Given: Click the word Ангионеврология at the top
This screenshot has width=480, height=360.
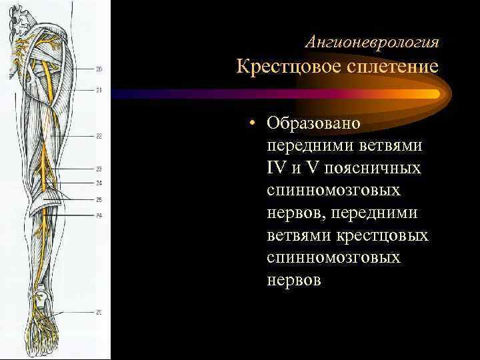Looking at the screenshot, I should tap(371, 43).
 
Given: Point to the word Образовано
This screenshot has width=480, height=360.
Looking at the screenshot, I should tap(313, 123).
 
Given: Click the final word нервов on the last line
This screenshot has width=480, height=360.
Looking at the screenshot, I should tap(293, 281).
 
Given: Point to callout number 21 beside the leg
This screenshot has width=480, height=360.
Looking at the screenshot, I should tap(99, 90).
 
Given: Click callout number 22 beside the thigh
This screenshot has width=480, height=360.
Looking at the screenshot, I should tap(99, 136).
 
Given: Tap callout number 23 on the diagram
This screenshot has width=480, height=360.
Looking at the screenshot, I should tap(99, 169).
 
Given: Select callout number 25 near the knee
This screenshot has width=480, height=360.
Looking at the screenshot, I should tap(99, 199).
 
